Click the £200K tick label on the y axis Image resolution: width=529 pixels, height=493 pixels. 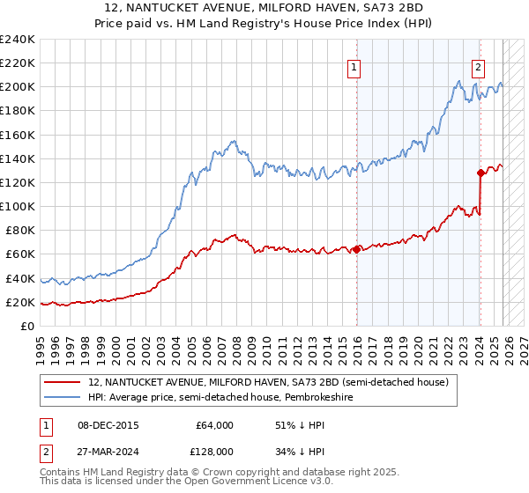17,87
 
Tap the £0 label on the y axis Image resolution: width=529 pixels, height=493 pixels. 27,326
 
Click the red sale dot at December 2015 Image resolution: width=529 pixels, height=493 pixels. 356,249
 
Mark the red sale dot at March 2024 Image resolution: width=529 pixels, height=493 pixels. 481,173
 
